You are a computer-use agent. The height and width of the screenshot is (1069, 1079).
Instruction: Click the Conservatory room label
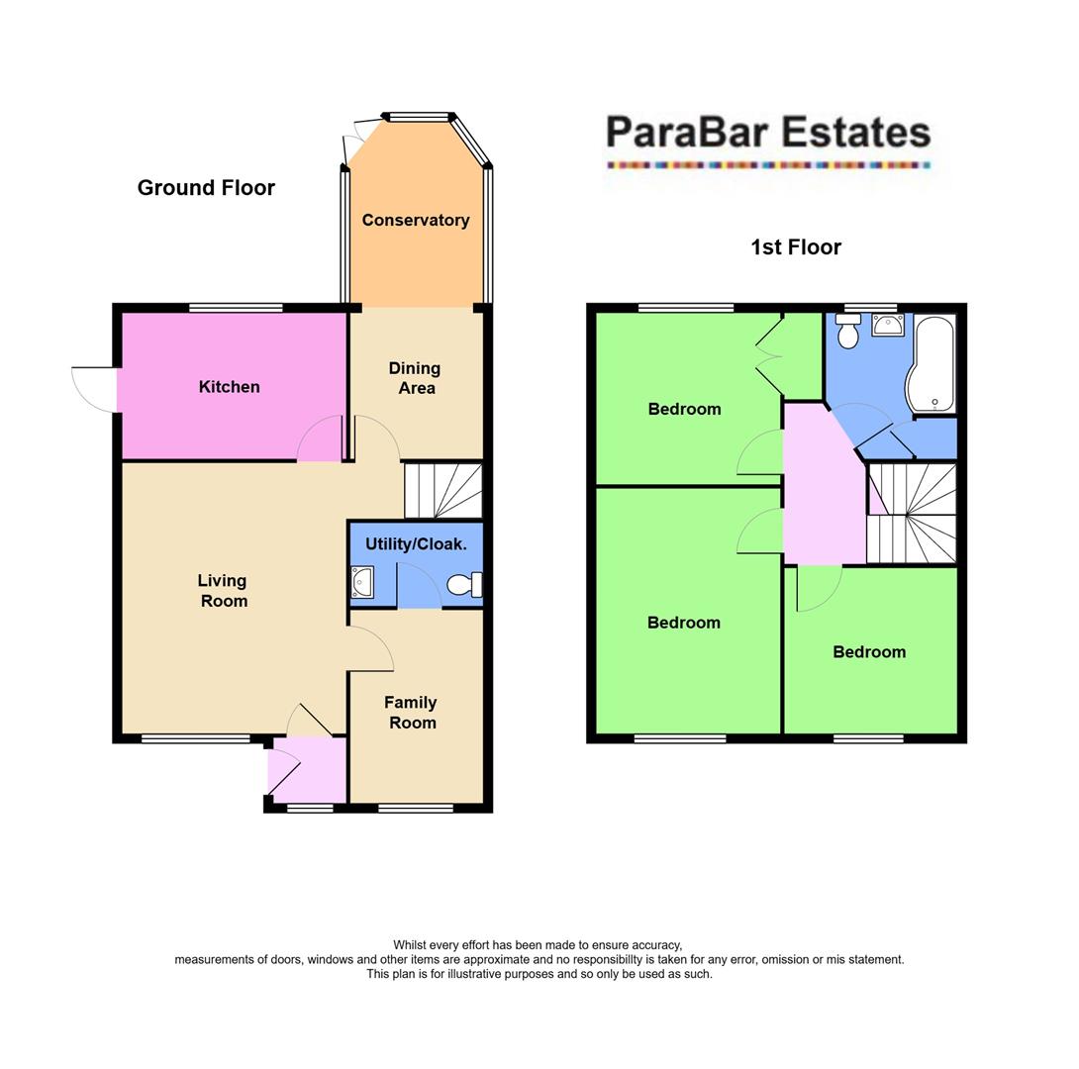pyautogui.click(x=416, y=220)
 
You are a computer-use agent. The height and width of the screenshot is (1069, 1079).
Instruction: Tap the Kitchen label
pyautogui.click(x=230, y=387)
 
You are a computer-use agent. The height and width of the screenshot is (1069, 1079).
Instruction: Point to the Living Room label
pyautogui.click(x=223, y=591)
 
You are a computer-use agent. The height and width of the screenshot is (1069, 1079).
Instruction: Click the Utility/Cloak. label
pyautogui.click(x=416, y=544)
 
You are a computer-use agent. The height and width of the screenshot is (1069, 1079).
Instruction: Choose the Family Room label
pyautogui.click(x=411, y=713)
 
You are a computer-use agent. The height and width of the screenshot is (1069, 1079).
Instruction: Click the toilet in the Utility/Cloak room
pyautogui.click(x=463, y=585)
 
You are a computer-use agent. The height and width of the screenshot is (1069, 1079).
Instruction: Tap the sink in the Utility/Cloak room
pyautogui.click(x=361, y=582)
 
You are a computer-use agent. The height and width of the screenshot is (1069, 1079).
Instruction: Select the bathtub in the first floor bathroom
pyautogui.click(x=932, y=363)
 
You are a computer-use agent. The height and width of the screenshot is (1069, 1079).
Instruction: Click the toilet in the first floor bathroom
pyautogui.click(x=847, y=333)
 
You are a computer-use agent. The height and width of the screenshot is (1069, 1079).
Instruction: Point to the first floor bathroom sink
pyautogui.click(x=888, y=326)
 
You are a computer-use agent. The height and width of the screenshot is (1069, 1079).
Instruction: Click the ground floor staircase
pyautogui.click(x=442, y=491)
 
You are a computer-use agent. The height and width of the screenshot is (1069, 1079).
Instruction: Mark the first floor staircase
pyautogui.click(x=912, y=514)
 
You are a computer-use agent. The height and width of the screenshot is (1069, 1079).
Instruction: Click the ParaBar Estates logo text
pyautogui.click(x=767, y=134)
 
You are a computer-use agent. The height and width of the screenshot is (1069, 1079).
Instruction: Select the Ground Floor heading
pyautogui.click(x=206, y=188)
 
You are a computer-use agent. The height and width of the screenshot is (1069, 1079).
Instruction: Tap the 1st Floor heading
pyautogui.click(x=796, y=247)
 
